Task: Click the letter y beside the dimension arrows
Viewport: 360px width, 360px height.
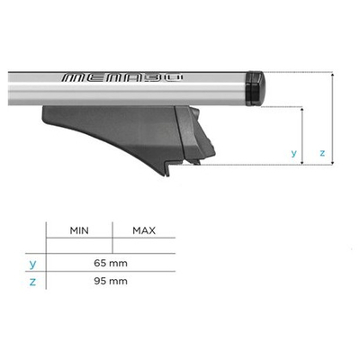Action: pos(293,153)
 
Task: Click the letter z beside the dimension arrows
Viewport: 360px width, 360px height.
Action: pos(321,153)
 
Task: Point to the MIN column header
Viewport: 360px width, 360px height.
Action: pos(80,230)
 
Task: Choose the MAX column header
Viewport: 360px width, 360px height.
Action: pos(145,230)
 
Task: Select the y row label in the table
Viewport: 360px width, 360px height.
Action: pos(32,263)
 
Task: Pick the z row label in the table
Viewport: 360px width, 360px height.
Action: pos(32,280)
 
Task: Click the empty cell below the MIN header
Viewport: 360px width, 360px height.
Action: pos(80,246)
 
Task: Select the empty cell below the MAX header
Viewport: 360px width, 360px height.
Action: pos(145,246)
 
